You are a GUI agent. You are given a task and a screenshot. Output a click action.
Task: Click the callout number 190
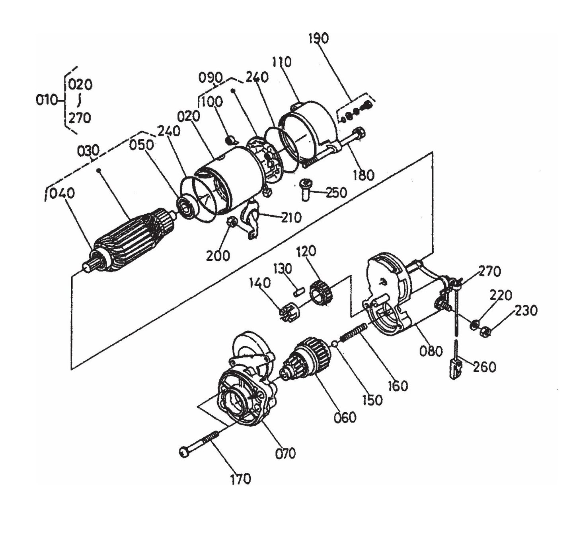[x=318, y=39]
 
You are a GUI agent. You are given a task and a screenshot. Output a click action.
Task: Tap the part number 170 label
[x=240, y=479]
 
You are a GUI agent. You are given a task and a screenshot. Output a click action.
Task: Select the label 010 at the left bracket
[x=47, y=100]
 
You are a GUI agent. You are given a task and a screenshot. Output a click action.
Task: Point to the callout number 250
[x=336, y=192]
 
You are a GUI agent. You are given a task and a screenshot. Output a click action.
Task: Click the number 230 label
[x=526, y=311]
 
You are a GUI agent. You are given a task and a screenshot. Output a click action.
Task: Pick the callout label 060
[x=345, y=417]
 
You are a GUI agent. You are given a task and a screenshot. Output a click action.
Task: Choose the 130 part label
[x=282, y=269]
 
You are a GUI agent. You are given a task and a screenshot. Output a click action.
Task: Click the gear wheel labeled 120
[x=322, y=293]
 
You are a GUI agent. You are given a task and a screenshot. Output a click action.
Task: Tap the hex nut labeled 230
[x=485, y=330]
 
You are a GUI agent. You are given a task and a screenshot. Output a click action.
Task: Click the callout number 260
[x=484, y=367]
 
